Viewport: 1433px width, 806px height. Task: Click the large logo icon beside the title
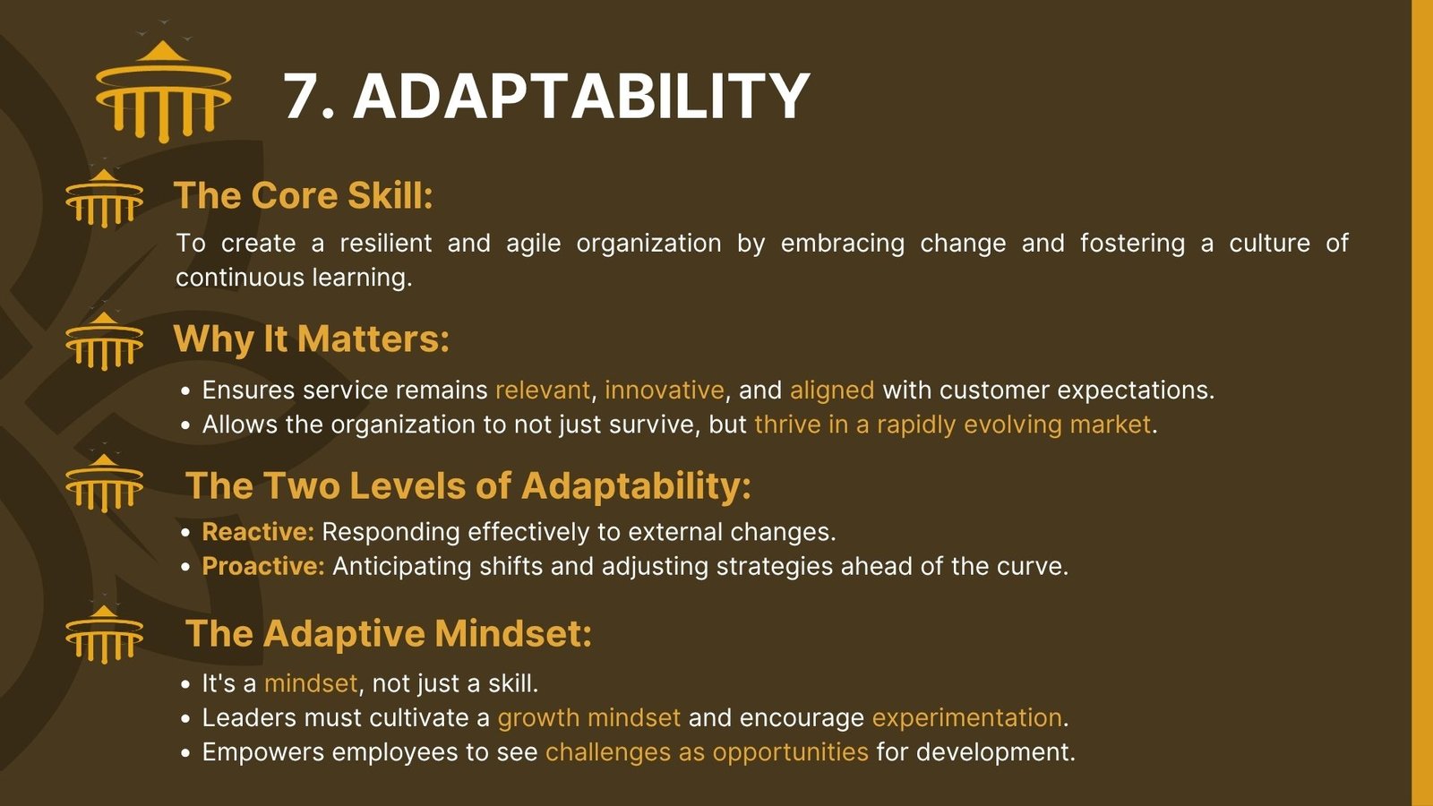[163, 90]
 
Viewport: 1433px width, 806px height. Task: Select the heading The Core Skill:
[304, 196]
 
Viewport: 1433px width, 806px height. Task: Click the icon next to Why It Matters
[104, 340]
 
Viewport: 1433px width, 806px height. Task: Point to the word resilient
[386, 243]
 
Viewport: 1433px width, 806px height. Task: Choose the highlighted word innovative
[664, 390]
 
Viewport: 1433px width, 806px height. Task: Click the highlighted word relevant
[543, 390]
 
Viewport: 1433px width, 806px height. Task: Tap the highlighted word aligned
[832, 390]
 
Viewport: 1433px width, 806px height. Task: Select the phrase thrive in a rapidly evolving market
[953, 425]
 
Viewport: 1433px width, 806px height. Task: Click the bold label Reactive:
[258, 532]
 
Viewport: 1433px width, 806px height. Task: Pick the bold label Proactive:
[263, 567]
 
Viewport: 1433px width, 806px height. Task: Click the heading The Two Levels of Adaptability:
[468, 485]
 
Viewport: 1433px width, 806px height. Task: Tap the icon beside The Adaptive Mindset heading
[104, 634]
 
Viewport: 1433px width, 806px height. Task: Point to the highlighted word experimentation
[966, 718]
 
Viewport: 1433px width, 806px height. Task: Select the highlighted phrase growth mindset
[588, 718]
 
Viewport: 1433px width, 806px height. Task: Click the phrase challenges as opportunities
[707, 753]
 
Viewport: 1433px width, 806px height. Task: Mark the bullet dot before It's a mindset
[185, 684]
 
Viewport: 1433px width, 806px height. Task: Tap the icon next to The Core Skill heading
[104, 198]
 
